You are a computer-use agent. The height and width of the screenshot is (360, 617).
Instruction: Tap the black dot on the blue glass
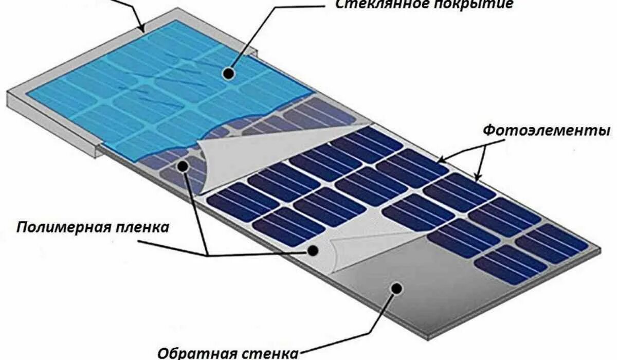230,75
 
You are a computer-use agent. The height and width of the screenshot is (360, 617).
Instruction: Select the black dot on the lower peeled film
312,250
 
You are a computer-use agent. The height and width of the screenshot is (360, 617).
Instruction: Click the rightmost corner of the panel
601,249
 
